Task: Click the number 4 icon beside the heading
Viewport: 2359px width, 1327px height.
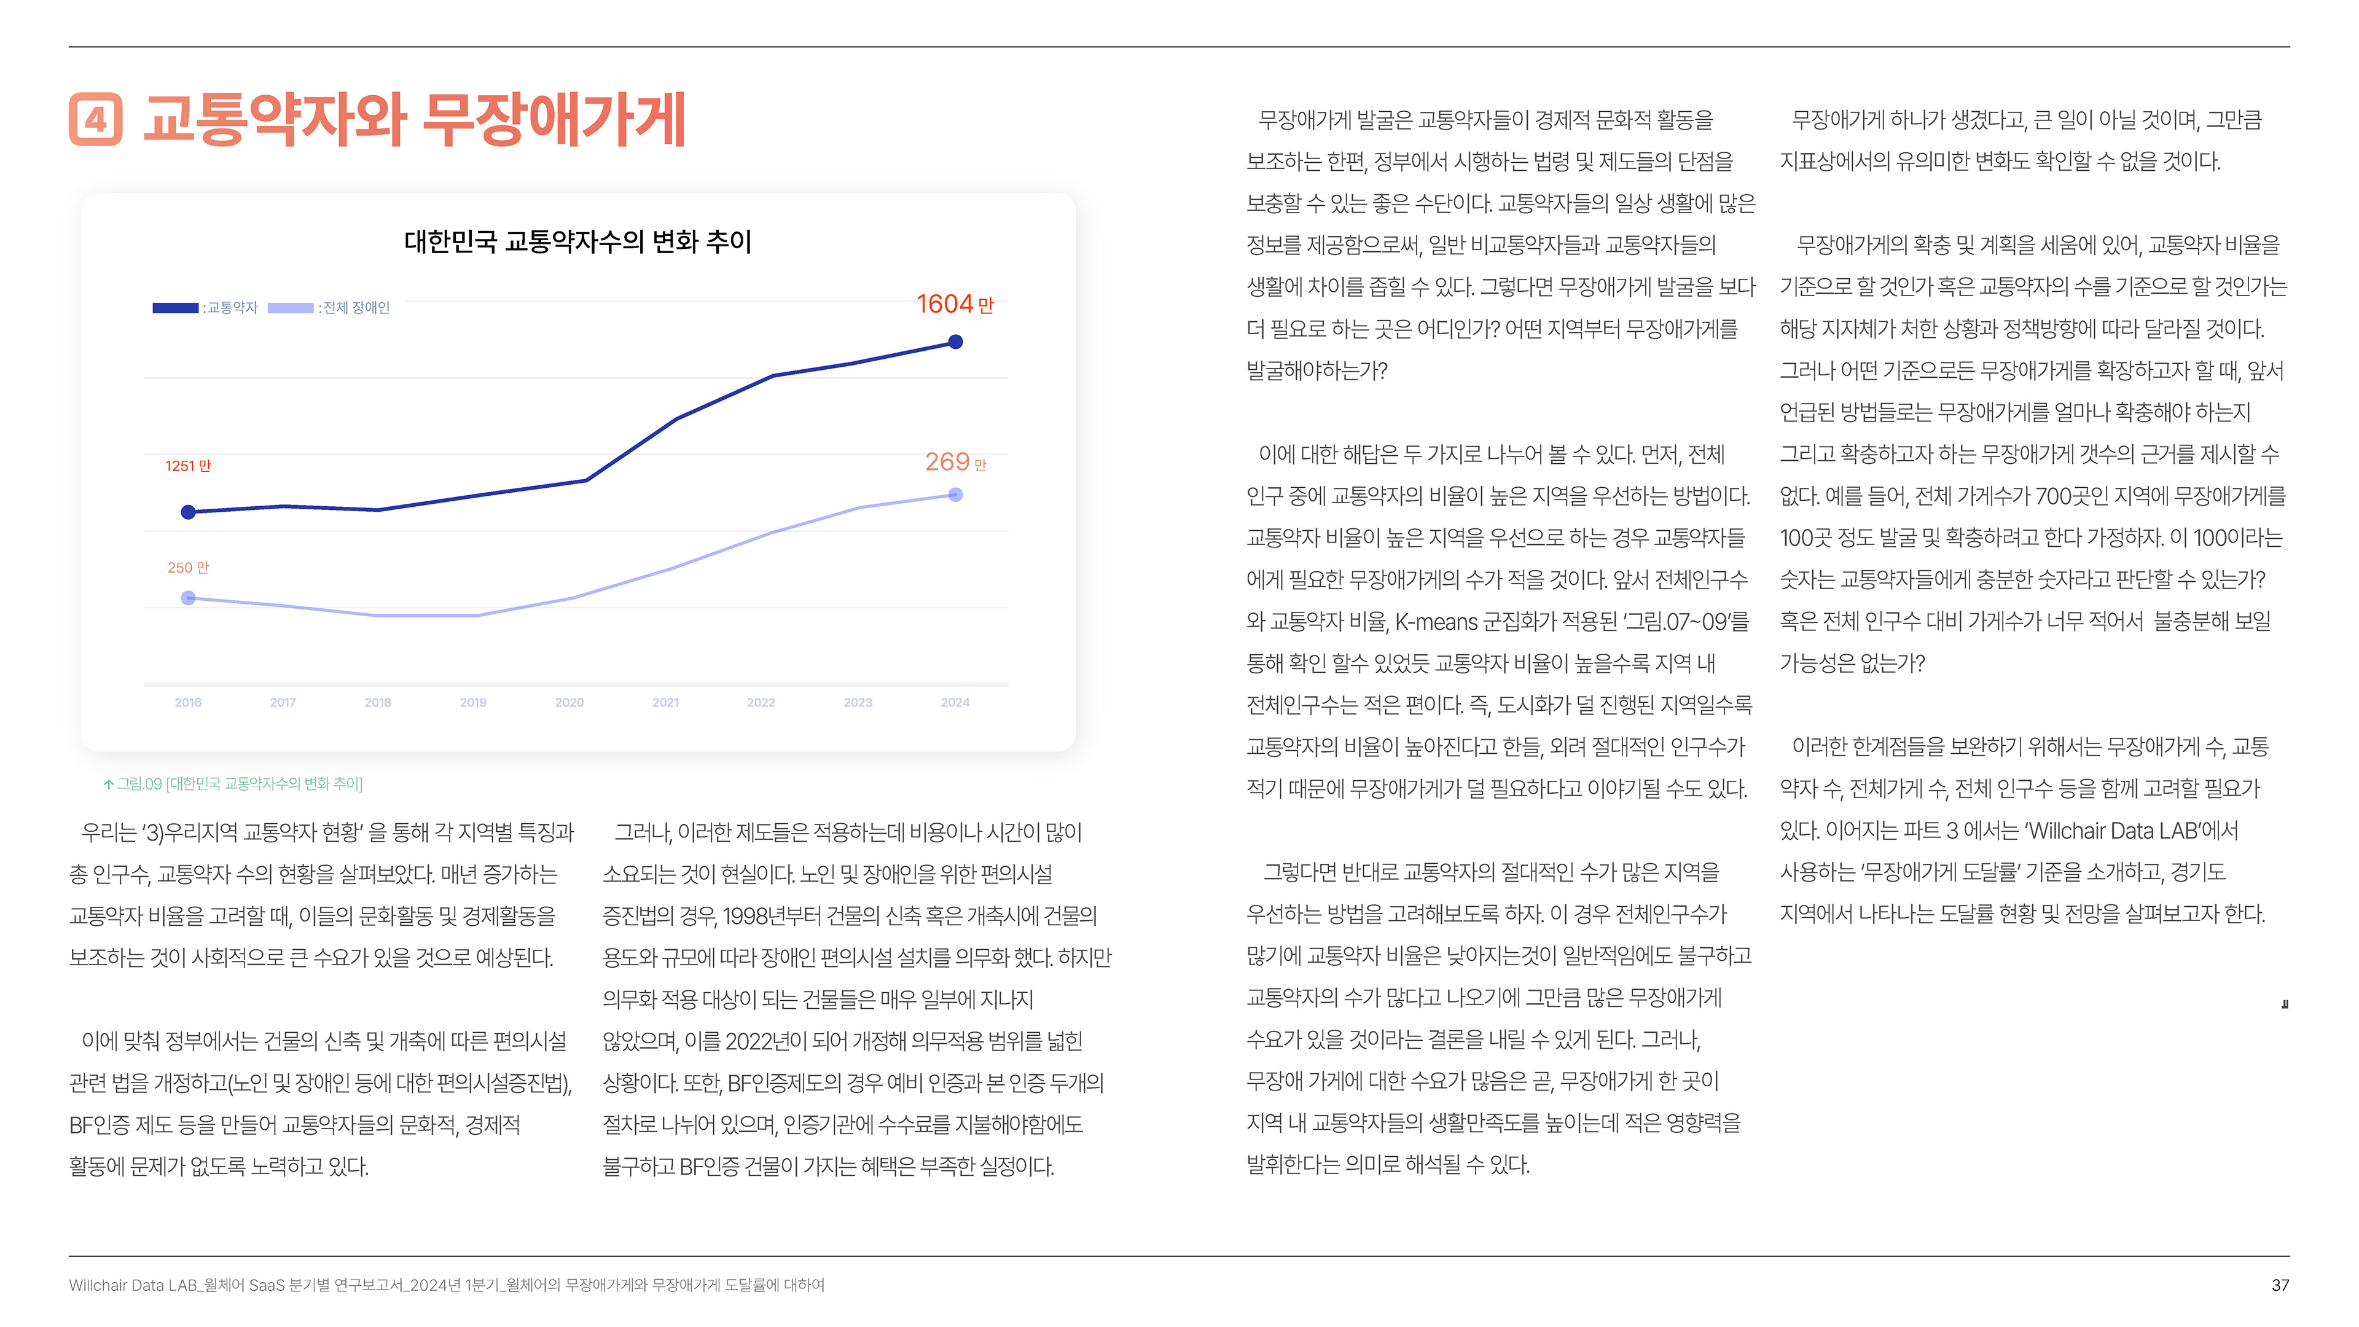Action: click(x=95, y=120)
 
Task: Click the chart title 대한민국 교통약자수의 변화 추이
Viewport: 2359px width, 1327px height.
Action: click(x=578, y=242)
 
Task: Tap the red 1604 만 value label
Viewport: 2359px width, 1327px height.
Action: click(x=954, y=304)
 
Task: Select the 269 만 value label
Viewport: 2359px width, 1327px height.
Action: click(x=954, y=463)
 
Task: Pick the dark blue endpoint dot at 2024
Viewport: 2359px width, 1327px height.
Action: click(x=955, y=342)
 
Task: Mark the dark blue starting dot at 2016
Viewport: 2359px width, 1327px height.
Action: click(x=188, y=512)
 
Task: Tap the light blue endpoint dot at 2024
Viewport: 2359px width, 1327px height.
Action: click(x=955, y=495)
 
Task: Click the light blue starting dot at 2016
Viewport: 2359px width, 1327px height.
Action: click(x=188, y=598)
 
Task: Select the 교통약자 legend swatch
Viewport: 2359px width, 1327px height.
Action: click(x=175, y=308)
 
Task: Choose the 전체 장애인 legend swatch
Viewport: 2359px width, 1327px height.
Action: click(x=291, y=308)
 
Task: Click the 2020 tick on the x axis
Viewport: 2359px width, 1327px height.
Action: click(x=569, y=702)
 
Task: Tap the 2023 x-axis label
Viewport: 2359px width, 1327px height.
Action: click(x=857, y=702)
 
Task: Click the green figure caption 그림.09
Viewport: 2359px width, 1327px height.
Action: click(x=233, y=784)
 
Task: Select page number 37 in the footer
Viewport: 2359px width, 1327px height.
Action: click(x=2279, y=1285)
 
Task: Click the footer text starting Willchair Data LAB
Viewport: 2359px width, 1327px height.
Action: click(x=446, y=1285)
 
